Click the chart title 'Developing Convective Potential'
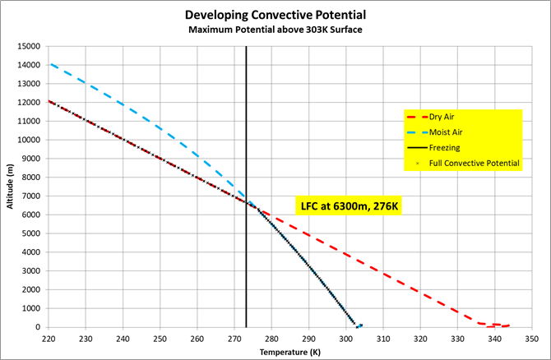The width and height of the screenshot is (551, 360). [275, 16]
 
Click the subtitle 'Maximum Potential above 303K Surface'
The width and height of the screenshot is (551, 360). [275, 30]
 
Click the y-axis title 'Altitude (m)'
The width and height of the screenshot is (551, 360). [11, 186]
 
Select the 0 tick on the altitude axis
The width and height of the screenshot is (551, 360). [38, 327]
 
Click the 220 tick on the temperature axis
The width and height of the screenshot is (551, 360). [49, 337]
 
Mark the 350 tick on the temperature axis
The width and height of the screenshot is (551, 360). [531, 337]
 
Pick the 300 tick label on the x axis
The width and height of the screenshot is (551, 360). [345, 337]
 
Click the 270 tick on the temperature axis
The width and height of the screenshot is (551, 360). [234, 337]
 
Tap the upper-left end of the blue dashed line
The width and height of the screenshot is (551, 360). [49, 64]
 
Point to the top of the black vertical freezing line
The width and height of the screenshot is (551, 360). [246, 47]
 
